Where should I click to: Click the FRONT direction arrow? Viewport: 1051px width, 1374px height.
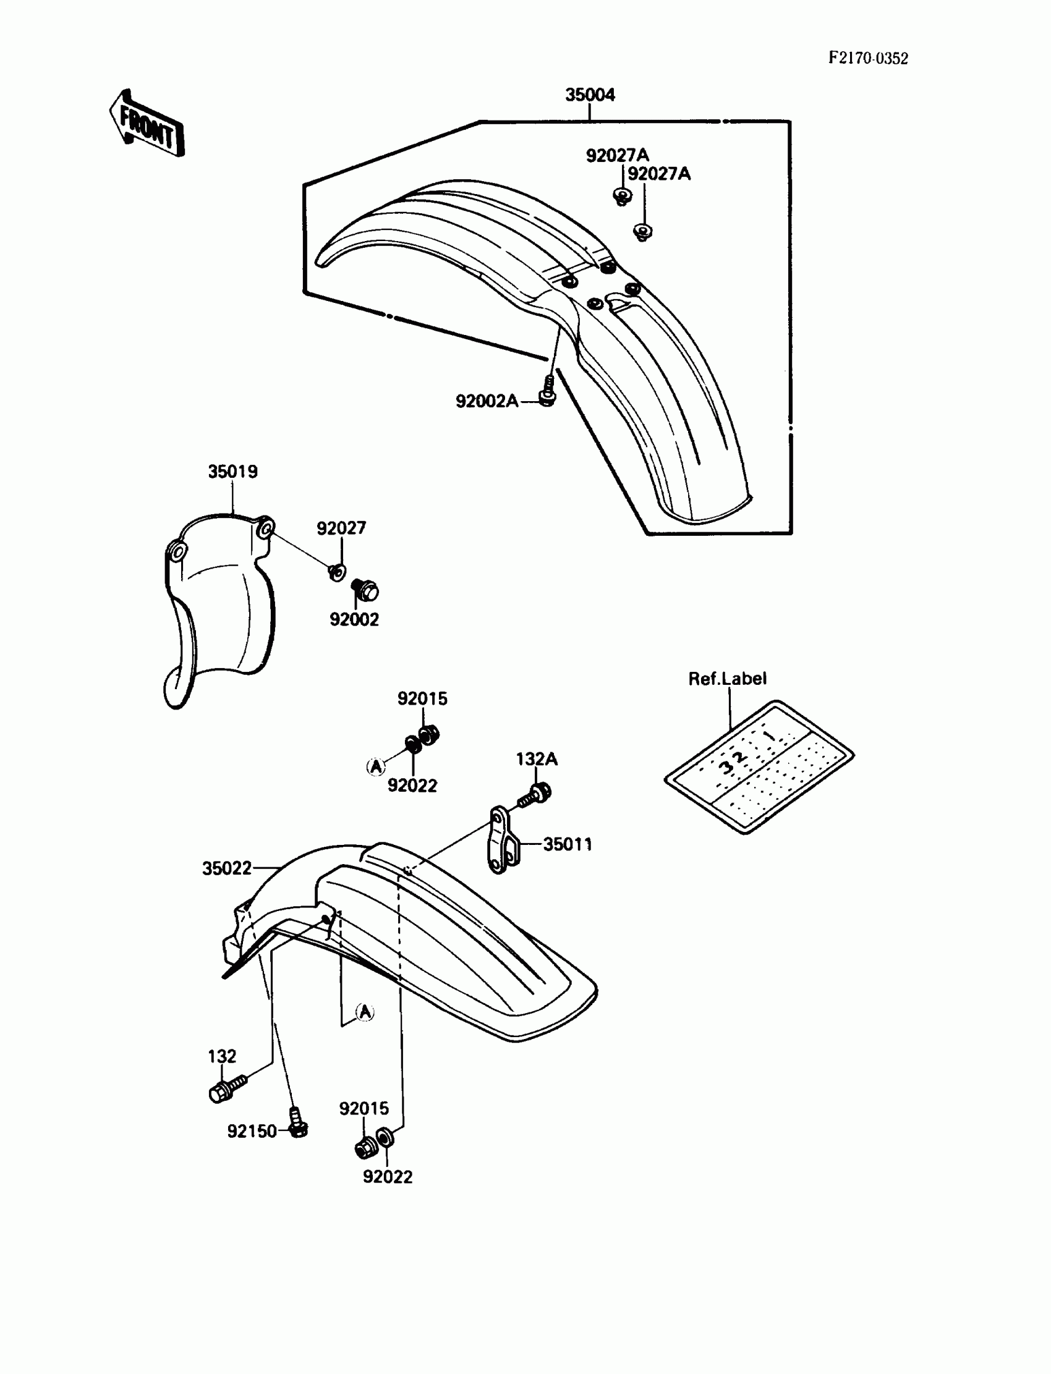148,124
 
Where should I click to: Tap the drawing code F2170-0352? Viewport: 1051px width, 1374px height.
868,58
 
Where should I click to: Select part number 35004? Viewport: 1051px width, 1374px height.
589,95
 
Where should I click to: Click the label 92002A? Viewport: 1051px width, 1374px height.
486,401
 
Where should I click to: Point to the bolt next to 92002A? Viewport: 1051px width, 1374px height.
547,392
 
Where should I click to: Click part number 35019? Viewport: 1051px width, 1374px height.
232,472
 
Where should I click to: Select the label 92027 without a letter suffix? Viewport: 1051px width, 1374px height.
340,528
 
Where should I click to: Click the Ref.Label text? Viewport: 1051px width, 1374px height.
727,679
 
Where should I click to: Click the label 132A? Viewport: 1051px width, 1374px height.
536,758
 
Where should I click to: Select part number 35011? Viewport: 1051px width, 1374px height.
567,844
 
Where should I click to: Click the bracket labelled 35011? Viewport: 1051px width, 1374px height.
503,841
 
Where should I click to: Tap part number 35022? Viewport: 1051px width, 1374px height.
226,868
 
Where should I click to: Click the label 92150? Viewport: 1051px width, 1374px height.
252,1131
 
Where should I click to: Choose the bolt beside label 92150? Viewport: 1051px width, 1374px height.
298,1124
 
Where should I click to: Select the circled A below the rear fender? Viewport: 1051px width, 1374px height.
365,1012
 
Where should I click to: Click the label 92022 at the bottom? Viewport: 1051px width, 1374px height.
387,1177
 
